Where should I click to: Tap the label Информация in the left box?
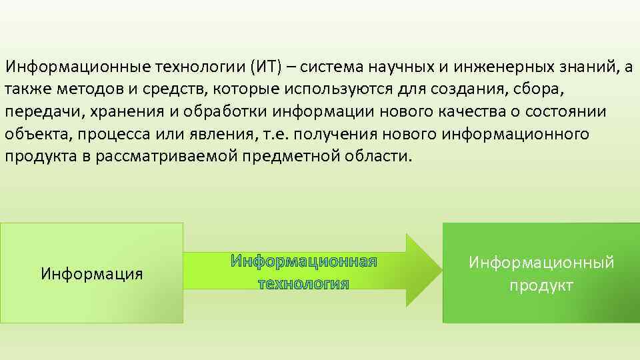92,273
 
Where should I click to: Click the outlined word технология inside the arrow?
303,284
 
